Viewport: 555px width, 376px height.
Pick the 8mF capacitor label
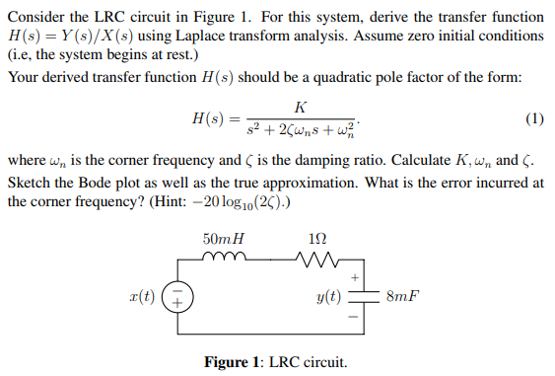click(402, 296)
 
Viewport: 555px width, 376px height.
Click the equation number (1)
click(533, 119)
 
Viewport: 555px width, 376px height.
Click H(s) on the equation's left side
click(209, 119)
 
